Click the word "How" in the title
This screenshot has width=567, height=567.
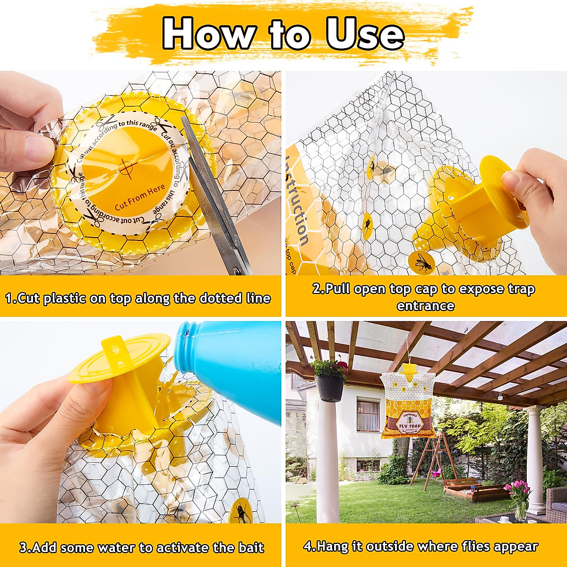click(207, 34)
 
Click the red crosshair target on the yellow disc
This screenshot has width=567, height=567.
click(126, 166)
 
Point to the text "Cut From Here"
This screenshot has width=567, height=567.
click(140, 197)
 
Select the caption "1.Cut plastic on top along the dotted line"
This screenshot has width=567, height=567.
click(138, 299)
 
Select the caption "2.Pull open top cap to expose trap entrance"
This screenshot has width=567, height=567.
click(424, 297)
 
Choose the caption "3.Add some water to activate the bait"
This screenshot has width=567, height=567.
click(141, 548)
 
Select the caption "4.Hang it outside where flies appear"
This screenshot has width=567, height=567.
click(421, 547)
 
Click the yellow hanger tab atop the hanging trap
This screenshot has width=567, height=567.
click(409, 368)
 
